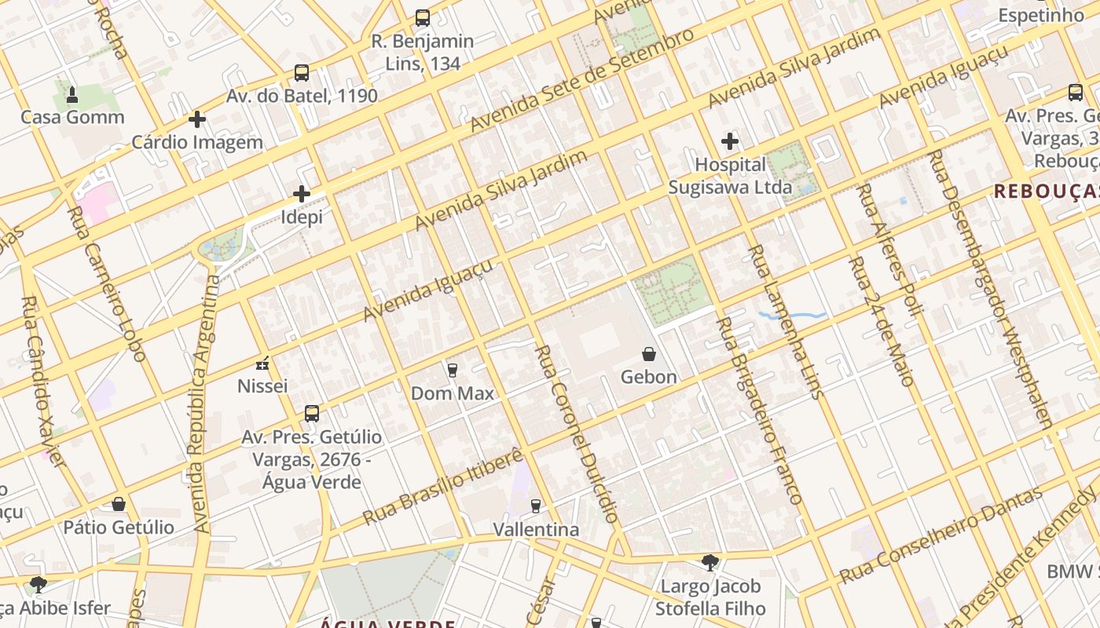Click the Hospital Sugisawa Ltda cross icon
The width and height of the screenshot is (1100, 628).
[730, 141]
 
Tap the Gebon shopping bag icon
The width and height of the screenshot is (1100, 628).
[649, 354]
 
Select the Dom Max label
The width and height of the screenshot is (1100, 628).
[453, 393]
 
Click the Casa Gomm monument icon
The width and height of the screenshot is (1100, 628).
[72, 96]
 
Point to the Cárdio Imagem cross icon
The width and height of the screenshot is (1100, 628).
[197, 119]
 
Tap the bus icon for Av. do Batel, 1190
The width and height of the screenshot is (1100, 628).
[302, 73]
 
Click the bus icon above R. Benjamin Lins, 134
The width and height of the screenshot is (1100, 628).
[423, 17]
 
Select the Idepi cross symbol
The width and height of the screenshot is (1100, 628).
[302, 194]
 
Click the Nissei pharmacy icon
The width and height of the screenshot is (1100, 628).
[263, 363]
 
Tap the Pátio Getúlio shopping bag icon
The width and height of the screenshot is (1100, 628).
[119, 504]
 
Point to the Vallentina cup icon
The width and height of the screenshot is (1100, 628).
[536, 506]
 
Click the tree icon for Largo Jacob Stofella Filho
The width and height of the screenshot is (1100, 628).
[710, 563]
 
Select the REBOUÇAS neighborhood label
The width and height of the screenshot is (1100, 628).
[1045, 191]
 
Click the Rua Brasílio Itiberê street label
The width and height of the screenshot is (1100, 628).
[443, 487]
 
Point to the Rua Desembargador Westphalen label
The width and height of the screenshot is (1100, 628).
[990, 289]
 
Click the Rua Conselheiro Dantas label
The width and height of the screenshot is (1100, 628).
[941, 535]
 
